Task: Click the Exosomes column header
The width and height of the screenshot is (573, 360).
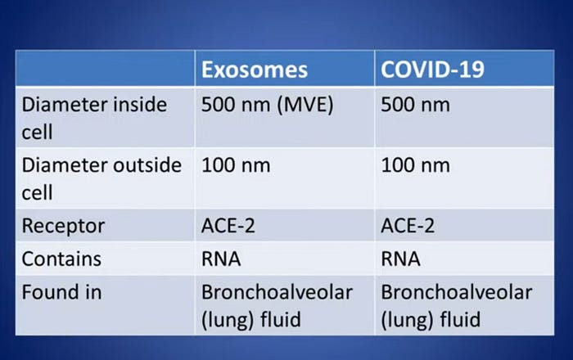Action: click(255, 70)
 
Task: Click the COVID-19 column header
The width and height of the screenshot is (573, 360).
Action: click(432, 70)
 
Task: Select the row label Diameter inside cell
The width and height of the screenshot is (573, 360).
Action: click(94, 118)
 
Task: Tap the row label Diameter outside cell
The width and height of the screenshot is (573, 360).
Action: click(102, 178)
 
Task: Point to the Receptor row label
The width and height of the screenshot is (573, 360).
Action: click(63, 226)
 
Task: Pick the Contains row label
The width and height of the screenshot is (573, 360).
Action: click(61, 259)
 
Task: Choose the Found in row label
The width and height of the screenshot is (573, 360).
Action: click(61, 292)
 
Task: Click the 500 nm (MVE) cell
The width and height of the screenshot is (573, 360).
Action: click(268, 106)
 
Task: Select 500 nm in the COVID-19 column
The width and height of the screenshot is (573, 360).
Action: click(416, 105)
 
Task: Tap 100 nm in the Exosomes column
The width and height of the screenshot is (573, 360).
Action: click(236, 165)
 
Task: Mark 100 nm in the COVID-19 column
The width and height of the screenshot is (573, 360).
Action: click(416, 165)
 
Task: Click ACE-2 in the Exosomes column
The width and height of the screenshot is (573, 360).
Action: click(228, 226)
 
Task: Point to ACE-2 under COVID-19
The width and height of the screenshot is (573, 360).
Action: click(408, 226)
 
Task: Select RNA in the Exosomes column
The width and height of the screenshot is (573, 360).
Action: click(221, 259)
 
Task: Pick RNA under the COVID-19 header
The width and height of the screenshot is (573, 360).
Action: click(400, 259)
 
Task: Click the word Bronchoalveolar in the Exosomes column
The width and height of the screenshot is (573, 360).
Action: click(277, 292)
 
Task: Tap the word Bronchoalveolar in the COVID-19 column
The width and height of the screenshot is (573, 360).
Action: click(457, 292)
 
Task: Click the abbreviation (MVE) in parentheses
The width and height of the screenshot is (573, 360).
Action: click(305, 106)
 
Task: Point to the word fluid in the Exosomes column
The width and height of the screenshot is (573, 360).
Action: click(281, 319)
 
